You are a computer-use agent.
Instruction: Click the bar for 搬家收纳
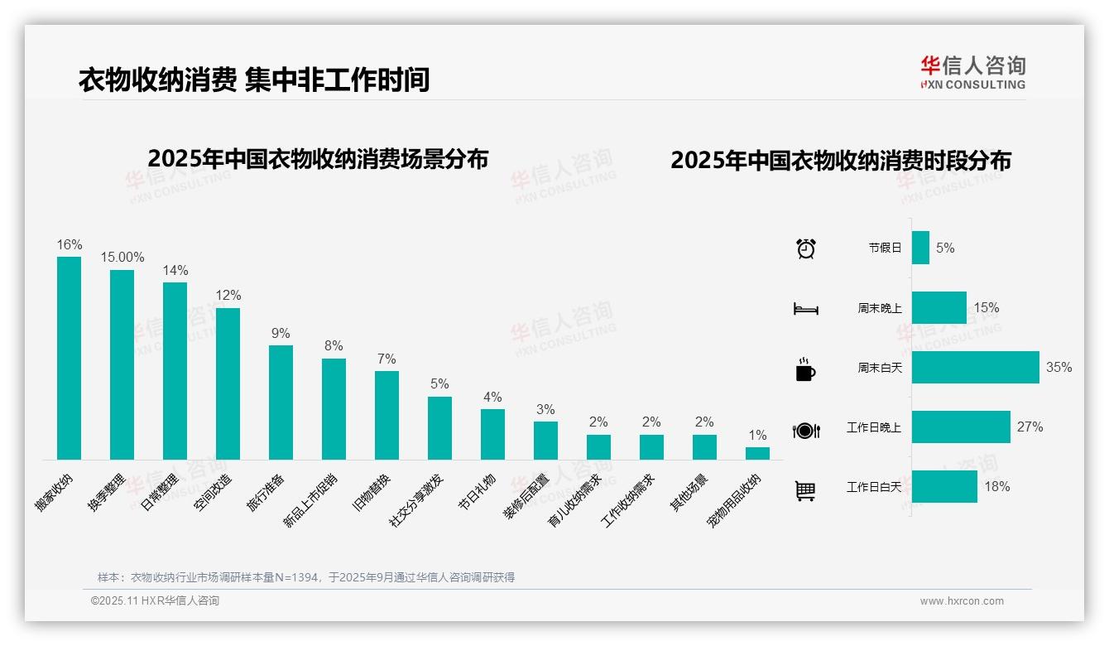click(70, 358)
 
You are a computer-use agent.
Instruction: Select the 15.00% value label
click(122, 258)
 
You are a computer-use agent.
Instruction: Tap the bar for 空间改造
click(228, 383)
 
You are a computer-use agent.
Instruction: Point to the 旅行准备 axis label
click(266, 491)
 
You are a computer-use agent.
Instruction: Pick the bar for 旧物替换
click(387, 415)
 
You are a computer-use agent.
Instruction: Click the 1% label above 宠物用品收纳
click(757, 436)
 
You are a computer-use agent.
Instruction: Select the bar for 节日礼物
click(492, 434)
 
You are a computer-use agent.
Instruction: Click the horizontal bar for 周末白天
click(975, 368)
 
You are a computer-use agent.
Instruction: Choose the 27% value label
click(1030, 427)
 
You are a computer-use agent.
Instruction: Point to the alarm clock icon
click(806, 248)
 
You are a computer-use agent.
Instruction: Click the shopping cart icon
click(805, 491)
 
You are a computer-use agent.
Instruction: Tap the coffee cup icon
click(805, 369)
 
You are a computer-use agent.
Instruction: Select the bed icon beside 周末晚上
click(805, 309)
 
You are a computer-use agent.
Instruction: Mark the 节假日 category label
click(885, 248)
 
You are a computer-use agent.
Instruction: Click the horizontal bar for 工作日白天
click(944, 487)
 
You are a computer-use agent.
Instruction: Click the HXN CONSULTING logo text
click(972, 84)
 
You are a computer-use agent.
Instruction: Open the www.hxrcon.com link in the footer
click(962, 601)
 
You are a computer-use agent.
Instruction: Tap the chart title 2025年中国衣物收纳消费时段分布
click(841, 161)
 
